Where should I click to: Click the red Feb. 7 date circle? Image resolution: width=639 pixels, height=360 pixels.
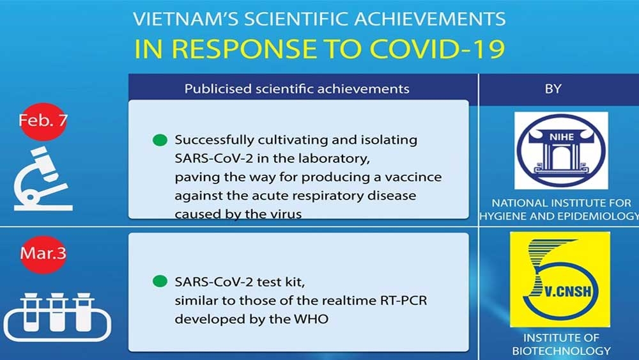tap(43, 121)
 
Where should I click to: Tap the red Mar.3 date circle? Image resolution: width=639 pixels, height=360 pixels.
tap(43, 254)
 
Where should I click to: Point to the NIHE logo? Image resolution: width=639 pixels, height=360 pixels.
tap(561, 150)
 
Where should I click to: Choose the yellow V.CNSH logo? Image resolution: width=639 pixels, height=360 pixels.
tap(560, 279)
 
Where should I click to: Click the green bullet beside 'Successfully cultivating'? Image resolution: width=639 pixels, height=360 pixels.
tap(160, 140)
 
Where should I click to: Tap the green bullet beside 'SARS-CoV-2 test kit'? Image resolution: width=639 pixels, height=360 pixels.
tap(160, 281)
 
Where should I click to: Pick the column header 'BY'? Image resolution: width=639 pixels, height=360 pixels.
tap(553, 89)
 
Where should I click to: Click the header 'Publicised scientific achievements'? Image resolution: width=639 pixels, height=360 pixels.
tap(296, 89)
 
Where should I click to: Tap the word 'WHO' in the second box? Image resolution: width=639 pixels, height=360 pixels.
tap(311, 319)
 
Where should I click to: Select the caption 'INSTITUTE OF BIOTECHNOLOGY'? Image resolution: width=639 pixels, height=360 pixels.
tap(561, 344)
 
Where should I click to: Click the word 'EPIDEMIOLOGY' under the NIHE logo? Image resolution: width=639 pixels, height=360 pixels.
tap(599, 216)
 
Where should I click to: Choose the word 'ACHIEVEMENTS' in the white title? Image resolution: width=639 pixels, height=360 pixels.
tap(429, 19)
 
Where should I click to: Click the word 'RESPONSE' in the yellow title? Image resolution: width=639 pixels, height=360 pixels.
tap(242, 49)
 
